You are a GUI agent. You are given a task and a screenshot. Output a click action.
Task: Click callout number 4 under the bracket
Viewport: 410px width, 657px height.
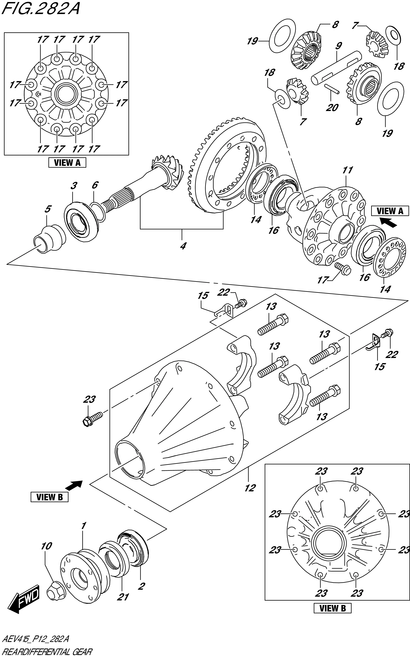[183, 246]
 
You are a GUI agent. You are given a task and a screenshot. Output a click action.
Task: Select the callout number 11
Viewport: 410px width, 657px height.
[347, 170]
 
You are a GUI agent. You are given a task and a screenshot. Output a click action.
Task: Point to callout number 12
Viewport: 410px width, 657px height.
[250, 488]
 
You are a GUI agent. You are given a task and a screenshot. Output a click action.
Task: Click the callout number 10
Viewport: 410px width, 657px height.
[46, 546]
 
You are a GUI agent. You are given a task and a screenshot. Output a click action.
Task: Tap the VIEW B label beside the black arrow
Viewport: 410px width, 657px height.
[49, 497]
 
